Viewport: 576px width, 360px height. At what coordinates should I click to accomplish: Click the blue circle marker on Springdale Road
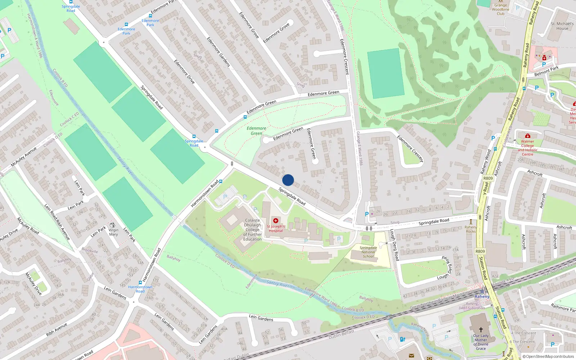click(x=288, y=180)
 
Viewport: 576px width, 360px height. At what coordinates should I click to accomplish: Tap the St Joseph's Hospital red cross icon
click(x=276, y=221)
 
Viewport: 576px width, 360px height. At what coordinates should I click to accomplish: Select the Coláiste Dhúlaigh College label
click(x=252, y=230)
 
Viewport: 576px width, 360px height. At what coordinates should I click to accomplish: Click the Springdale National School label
click(x=368, y=252)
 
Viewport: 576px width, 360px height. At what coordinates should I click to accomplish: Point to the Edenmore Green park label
click(x=256, y=131)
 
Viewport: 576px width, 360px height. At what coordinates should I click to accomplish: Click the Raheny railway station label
click(x=482, y=297)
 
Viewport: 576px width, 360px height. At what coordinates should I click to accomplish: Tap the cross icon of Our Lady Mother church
click(x=481, y=329)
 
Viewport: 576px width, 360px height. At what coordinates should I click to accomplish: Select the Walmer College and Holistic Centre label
click(x=527, y=148)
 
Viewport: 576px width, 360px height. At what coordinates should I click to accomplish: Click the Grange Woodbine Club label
click(x=500, y=9)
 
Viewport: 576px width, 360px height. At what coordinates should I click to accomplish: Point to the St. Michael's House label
click(x=562, y=26)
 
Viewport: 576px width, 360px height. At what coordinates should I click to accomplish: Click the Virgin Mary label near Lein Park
click(x=113, y=232)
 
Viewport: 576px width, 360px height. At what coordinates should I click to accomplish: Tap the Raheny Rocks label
click(x=471, y=229)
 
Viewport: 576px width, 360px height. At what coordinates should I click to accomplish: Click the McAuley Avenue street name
click(x=24, y=157)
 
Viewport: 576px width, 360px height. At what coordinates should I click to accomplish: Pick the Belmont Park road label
click(x=546, y=71)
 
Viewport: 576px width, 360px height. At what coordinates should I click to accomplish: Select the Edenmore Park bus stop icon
click(x=126, y=24)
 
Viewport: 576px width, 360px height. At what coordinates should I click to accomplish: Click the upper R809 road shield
click(x=488, y=178)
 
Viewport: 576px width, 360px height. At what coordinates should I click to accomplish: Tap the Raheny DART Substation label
click(x=472, y=306)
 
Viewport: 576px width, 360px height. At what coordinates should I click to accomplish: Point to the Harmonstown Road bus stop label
click(x=140, y=289)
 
